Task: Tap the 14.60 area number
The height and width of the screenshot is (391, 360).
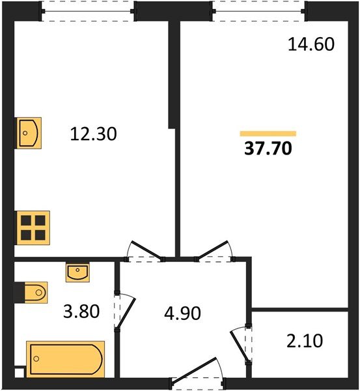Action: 311,45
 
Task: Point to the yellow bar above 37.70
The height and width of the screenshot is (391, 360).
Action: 268,134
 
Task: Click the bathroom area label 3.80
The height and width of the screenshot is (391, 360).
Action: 81,311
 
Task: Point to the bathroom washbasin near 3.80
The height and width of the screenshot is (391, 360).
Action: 79,272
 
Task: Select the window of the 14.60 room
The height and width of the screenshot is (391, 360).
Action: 259,11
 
